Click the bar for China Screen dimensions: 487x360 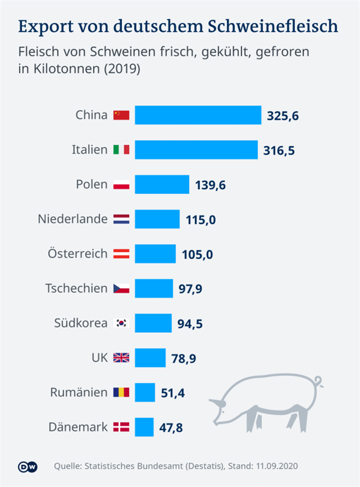[x=198, y=115]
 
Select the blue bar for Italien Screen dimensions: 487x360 [x=196, y=150]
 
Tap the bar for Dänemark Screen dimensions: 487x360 [x=144, y=428]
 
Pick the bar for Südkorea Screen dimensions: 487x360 [x=154, y=323]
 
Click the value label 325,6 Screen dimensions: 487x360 [x=283, y=115]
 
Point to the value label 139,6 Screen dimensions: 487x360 [x=211, y=185]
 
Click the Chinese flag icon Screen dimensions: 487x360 [x=121, y=115]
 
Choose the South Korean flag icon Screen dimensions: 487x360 [x=121, y=323]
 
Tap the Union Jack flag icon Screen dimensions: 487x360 [x=121, y=358]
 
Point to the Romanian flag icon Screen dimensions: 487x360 [x=121, y=393]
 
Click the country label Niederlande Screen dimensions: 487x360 [x=73, y=219]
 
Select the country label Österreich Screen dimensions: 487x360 [x=77, y=253]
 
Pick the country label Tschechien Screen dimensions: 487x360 [x=76, y=288]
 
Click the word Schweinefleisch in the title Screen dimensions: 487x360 [x=273, y=27]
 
